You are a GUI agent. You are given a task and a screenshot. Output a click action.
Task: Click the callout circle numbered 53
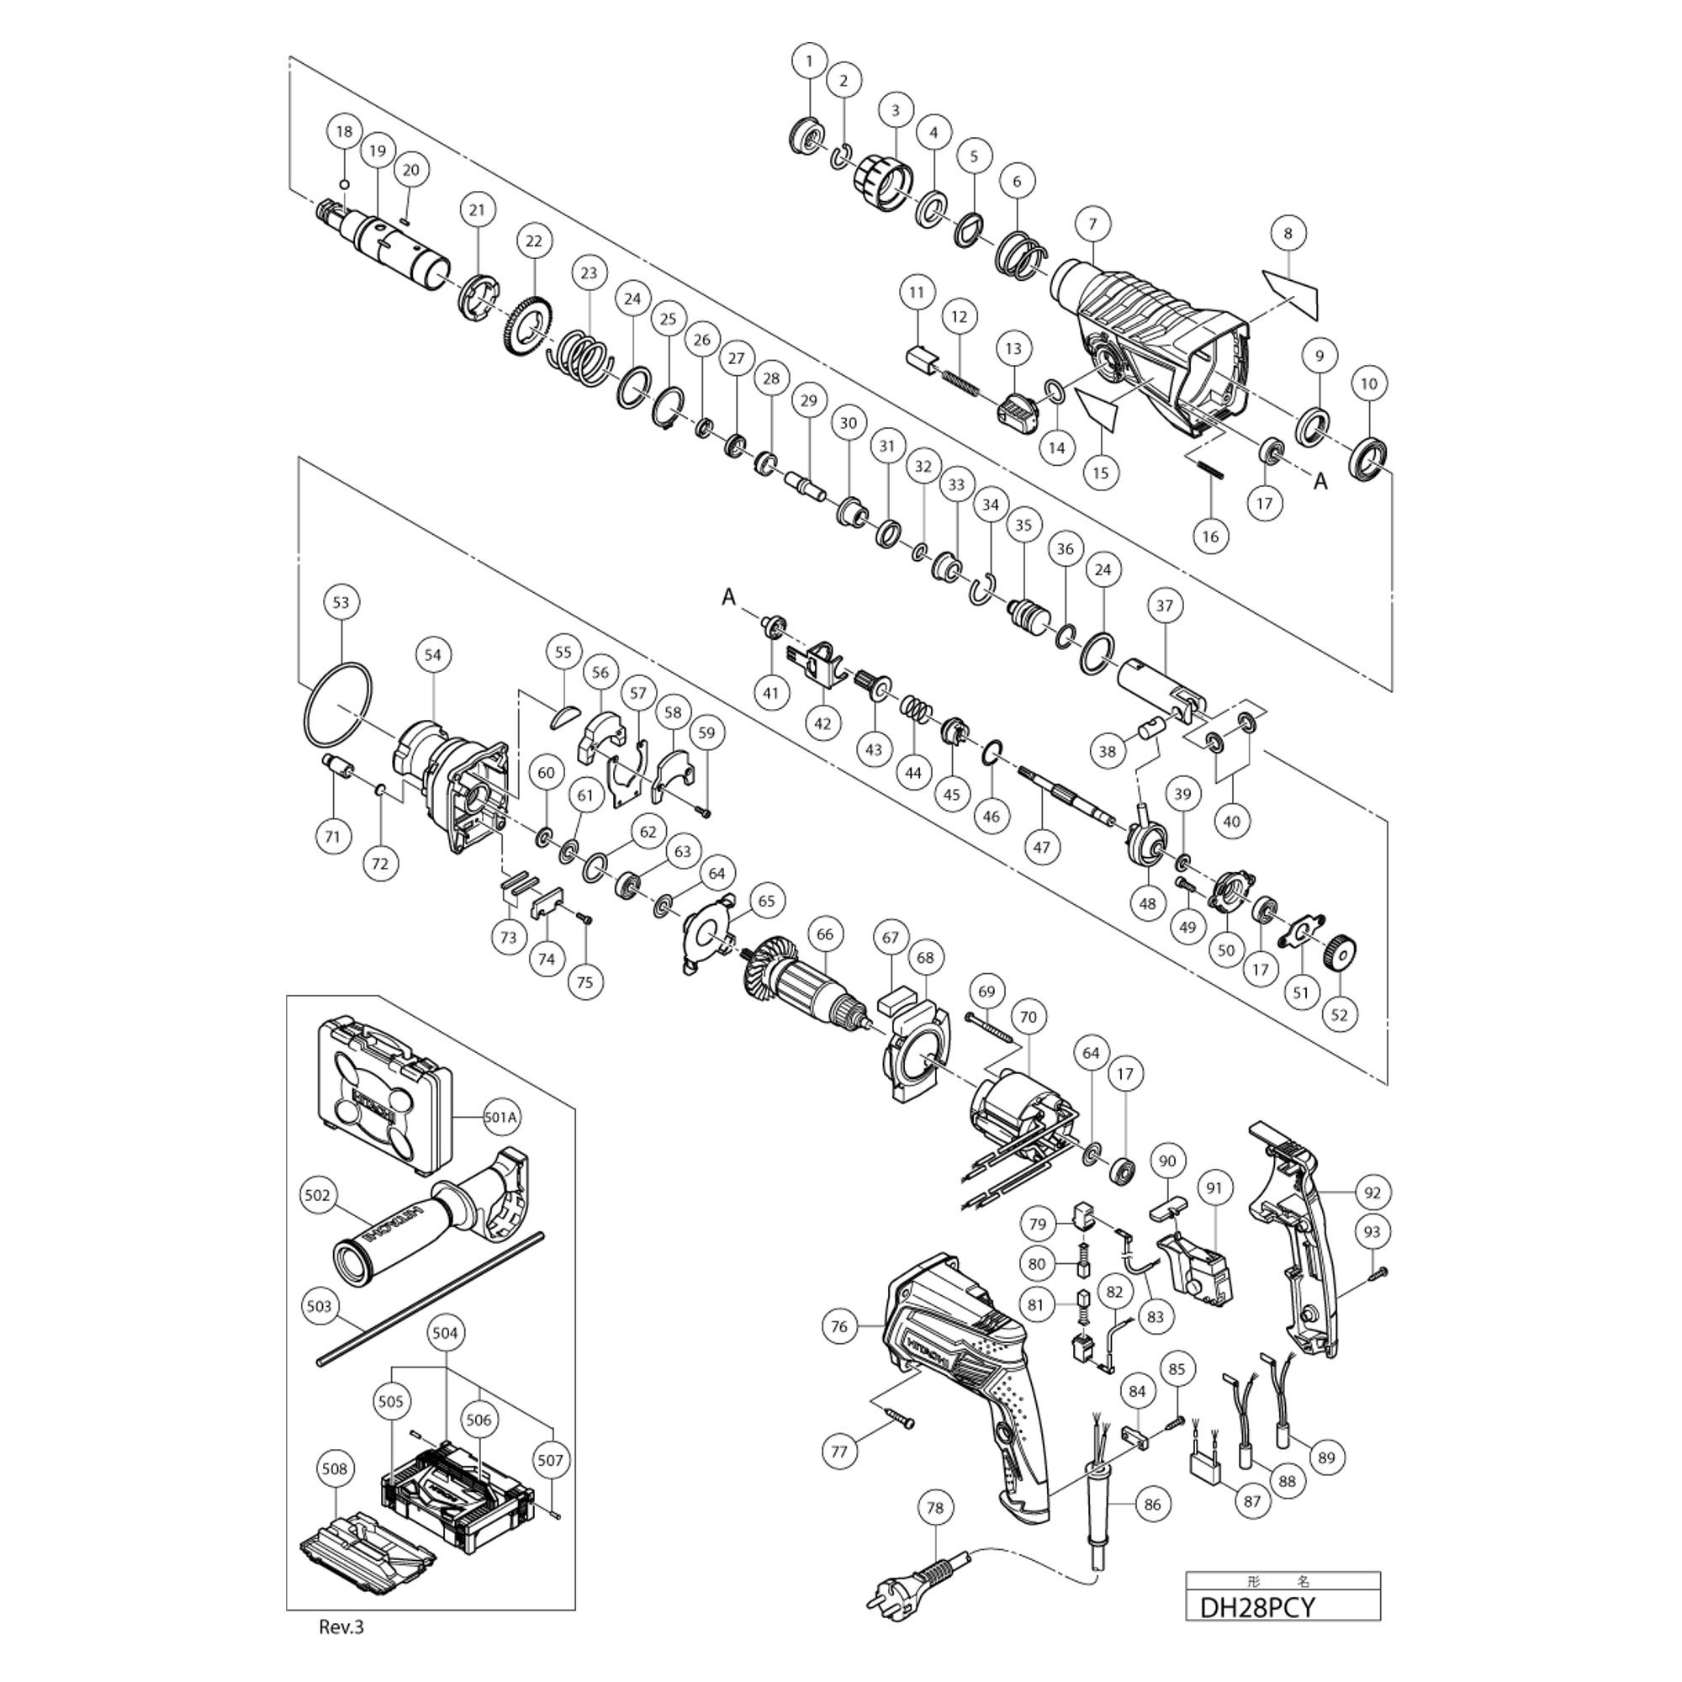(x=341, y=601)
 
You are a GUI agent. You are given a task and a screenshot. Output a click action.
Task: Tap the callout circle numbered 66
(x=824, y=935)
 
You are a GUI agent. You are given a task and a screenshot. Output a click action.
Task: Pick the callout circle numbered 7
(x=1092, y=224)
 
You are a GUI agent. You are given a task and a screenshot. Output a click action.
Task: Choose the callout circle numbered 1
(x=810, y=61)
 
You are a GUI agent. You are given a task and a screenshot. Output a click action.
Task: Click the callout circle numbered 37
(x=1165, y=605)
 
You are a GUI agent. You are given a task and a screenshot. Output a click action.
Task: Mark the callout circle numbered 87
(x=1252, y=1501)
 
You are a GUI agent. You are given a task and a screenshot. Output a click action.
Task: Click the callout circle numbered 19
(x=376, y=151)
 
